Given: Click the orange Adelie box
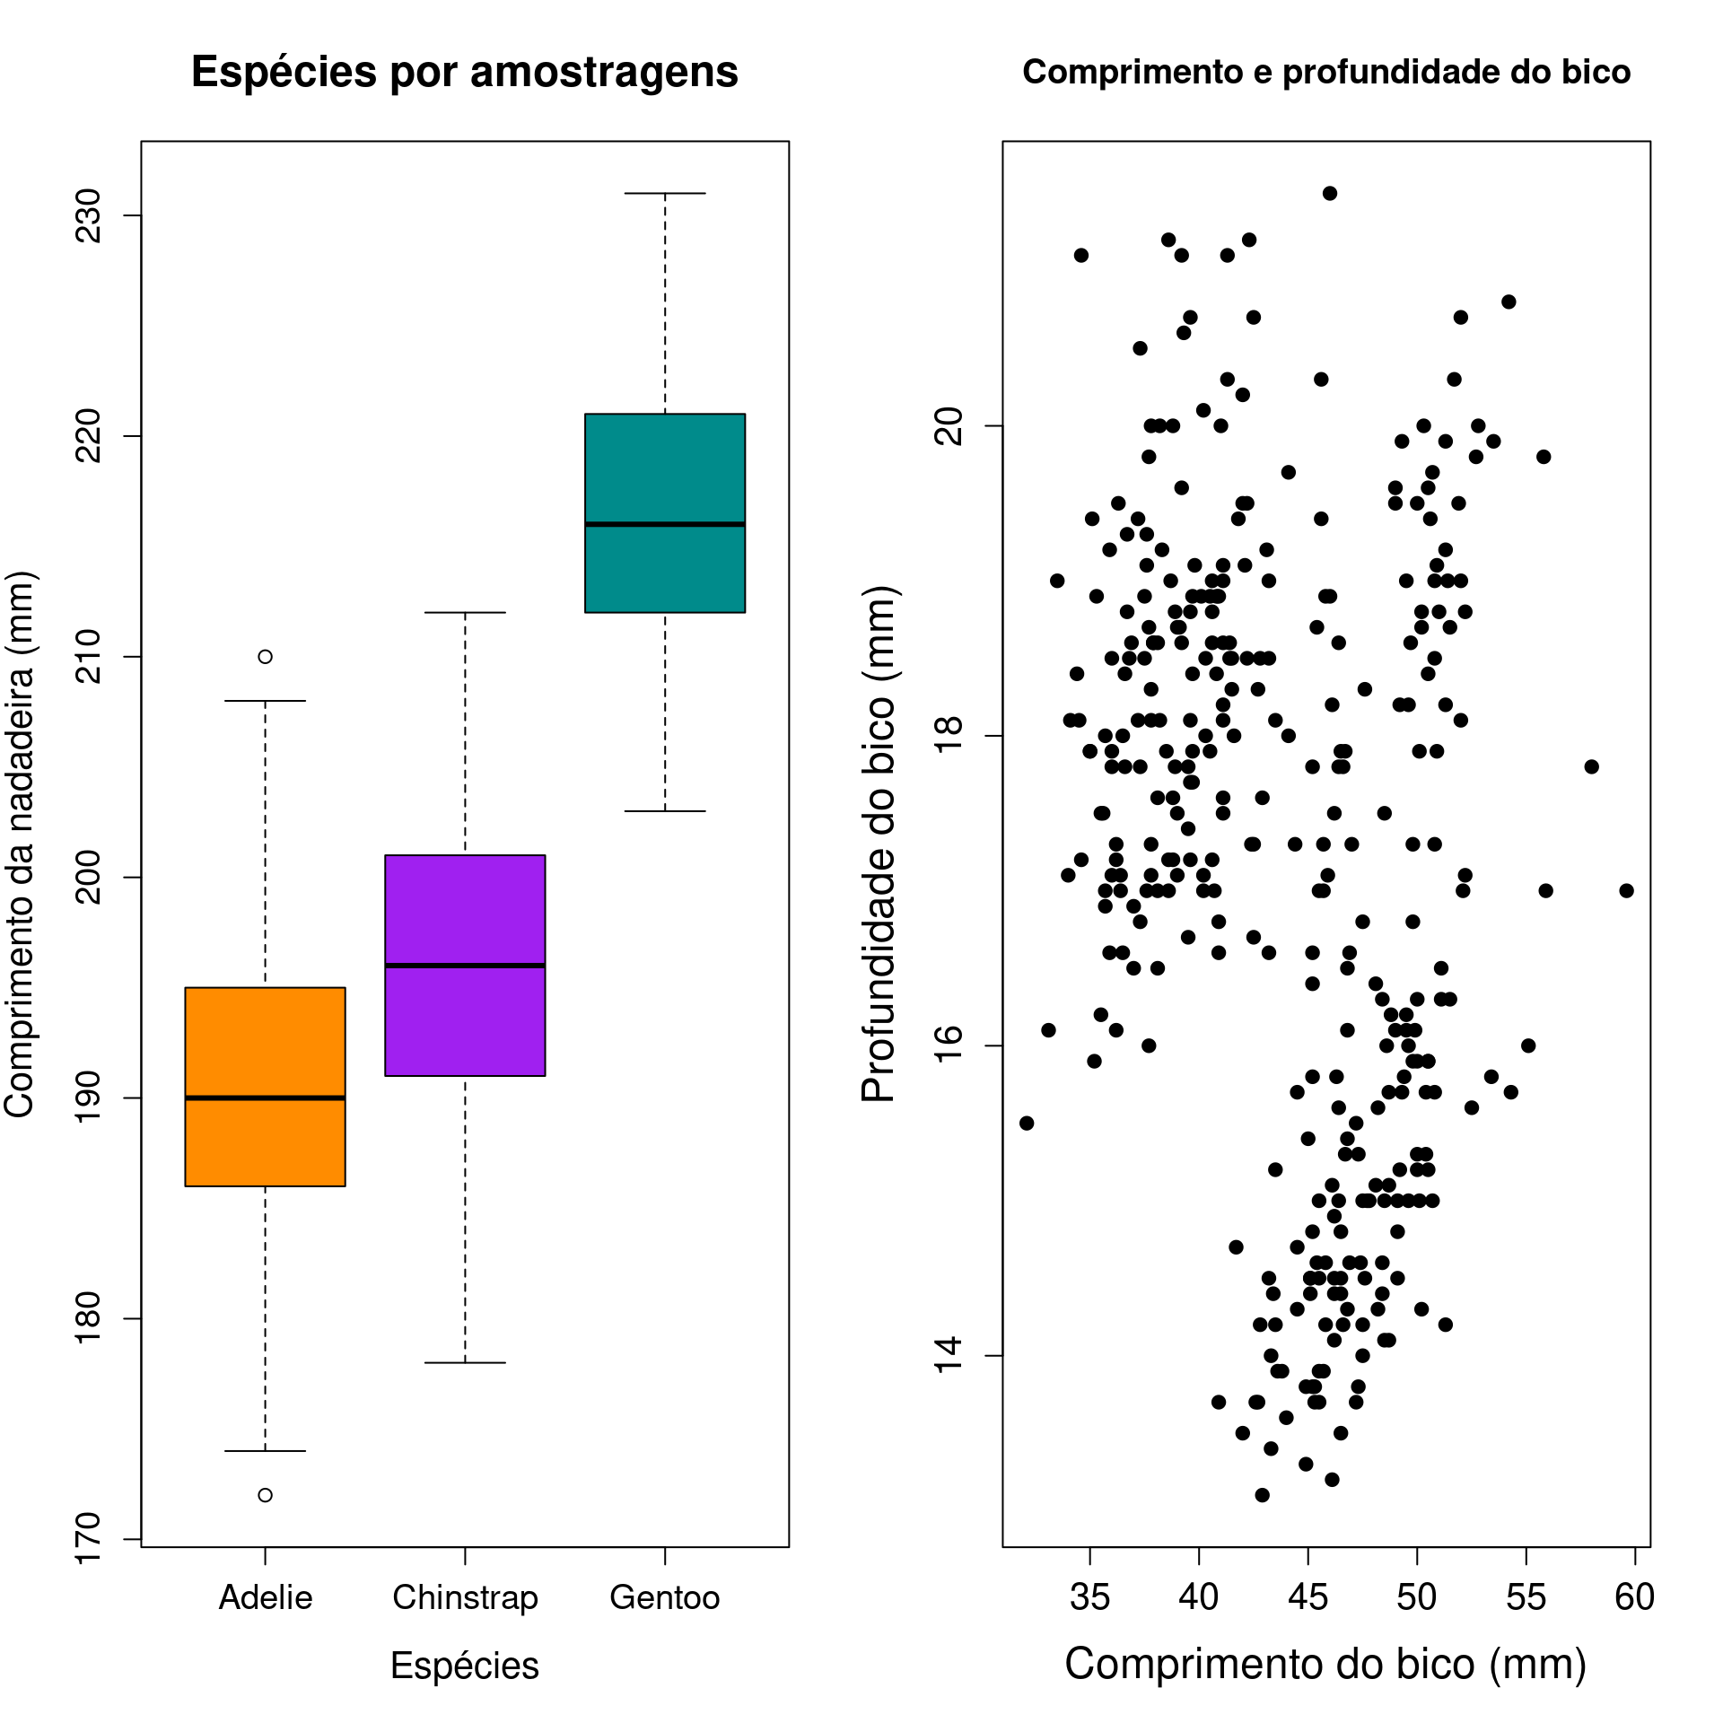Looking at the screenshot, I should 265,1041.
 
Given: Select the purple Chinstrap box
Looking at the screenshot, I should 465,906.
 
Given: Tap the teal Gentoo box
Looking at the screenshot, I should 665,467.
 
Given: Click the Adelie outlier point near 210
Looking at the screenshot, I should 265,657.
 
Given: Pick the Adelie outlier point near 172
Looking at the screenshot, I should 265,1495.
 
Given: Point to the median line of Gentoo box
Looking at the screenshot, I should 665,524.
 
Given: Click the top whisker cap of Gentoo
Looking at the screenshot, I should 665,193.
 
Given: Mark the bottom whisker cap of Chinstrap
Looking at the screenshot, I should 465,1362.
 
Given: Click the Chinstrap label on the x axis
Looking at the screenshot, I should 465,1597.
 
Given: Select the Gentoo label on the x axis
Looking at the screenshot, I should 665,1597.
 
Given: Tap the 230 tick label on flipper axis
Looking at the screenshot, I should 89,215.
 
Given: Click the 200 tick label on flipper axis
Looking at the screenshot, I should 89,877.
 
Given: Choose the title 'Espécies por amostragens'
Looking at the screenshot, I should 465,72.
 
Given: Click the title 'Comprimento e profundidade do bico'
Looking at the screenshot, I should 1326,72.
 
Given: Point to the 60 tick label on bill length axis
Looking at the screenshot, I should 1634,1597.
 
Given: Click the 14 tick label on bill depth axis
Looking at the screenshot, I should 949,1355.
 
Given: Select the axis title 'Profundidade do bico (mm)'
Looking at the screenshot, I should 879,844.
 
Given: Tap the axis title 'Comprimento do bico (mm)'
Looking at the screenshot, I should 1326,1664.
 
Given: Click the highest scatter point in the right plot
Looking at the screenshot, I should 1330,193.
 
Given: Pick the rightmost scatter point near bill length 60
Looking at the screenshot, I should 1626,890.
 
